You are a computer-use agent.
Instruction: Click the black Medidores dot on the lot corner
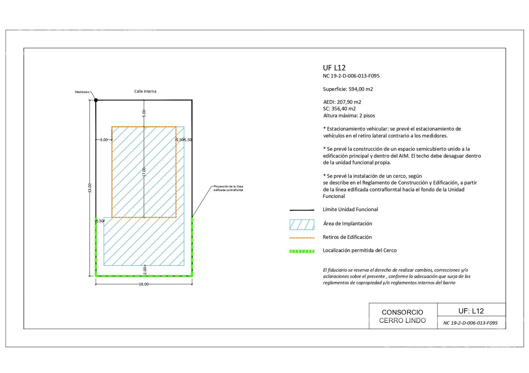click(x=96, y=100)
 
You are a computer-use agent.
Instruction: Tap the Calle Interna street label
click(x=145, y=91)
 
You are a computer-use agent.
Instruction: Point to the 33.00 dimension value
click(x=90, y=188)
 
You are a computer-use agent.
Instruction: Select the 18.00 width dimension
click(x=143, y=284)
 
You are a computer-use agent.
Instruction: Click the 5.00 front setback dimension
click(x=144, y=113)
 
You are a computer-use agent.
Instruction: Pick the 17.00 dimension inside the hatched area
click(x=144, y=172)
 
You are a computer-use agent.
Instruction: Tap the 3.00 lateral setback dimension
click(x=104, y=140)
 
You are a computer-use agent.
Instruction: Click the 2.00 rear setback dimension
click(x=145, y=270)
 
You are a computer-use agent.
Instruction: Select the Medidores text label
click(x=82, y=92)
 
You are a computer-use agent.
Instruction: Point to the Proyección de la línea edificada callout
click(x=228, y=188)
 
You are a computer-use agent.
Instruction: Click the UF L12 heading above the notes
click(x=334, y=68)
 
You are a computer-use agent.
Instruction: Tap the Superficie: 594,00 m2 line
click(x=348, y=89)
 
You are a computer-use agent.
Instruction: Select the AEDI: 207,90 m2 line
click(x=342, y=102)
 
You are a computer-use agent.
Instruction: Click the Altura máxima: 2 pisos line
click(x=349, y=116)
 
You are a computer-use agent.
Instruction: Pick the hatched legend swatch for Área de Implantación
click(x=302, y=224)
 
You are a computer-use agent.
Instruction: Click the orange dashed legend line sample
click(x=302, y=238)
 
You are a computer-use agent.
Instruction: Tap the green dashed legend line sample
click(x=302, y=251)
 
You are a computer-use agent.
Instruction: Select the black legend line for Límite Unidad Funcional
click(x=302, y=210)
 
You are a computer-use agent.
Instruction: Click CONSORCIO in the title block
click(x=402, y=312)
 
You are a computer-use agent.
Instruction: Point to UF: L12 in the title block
click(x=471, y=311)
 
